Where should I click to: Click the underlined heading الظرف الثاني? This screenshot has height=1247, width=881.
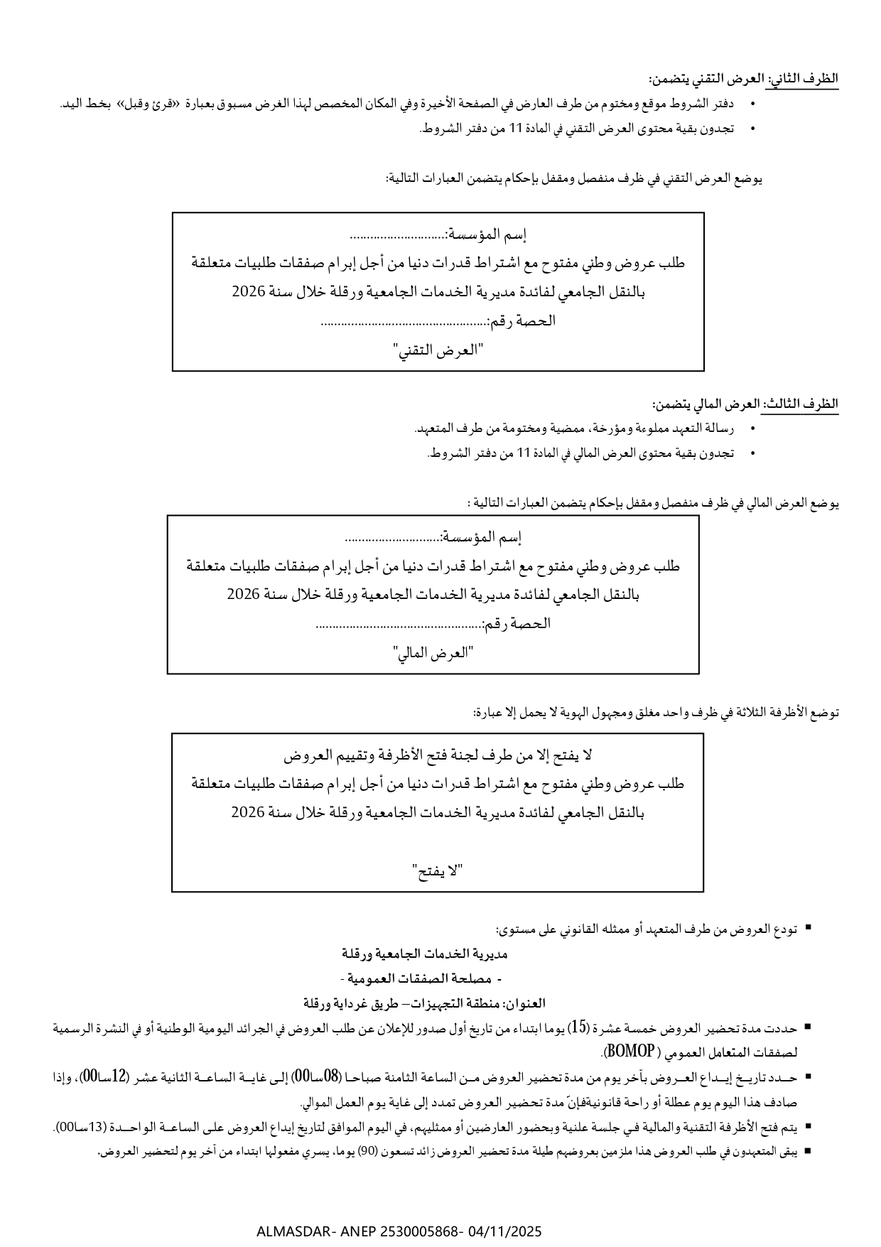(803, 79)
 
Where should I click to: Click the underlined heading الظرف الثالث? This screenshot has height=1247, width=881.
(801, 404)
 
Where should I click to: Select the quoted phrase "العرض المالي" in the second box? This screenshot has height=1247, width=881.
(433, 653)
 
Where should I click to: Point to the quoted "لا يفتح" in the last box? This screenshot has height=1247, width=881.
(438, 870)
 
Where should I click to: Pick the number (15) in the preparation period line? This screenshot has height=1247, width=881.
(580, 1027)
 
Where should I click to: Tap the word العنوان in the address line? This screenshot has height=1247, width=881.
(525, 1003)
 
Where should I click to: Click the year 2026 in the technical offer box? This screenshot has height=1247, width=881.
(249, 292)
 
